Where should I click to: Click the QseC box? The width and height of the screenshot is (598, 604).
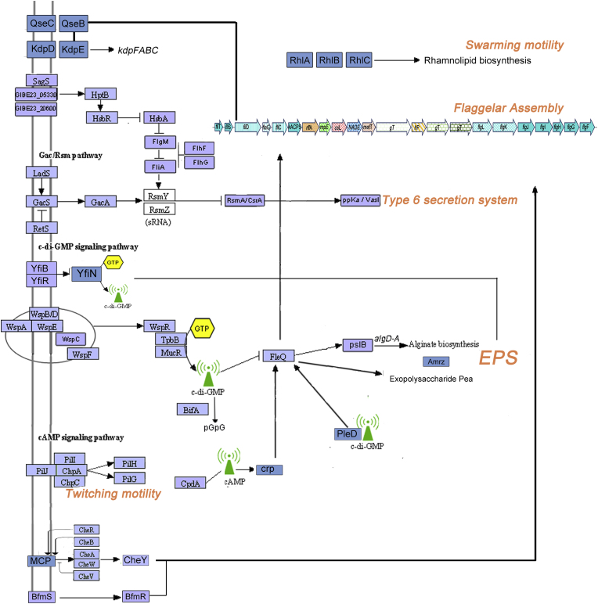pyautogui.click(x=41, y=23)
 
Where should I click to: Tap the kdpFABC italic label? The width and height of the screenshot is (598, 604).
pyautogui.click(x=139, y=50)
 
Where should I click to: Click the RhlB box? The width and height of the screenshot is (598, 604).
pyautogui.click(x=330, y=59)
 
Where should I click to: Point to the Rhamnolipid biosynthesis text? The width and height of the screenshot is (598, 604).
pyautogui.click(x=477, y=60)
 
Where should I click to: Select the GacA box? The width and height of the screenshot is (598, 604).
pyautogui.click(x=100, y=201)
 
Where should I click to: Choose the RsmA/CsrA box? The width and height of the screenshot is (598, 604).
pyautogui.click(x=244, y=201)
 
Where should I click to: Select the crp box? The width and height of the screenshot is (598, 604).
pyautogui.click(x=269, y=469)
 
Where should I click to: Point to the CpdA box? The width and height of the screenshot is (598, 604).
pyautogui.click(x=191, y=484)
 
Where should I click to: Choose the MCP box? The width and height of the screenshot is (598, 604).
pyautogui.click(x=41, y=560)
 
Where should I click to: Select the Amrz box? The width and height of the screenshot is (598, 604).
pyautogui.click(x=436, y=361)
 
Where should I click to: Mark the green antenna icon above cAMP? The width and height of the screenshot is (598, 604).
pyautogui.click(x=229, y=462)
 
